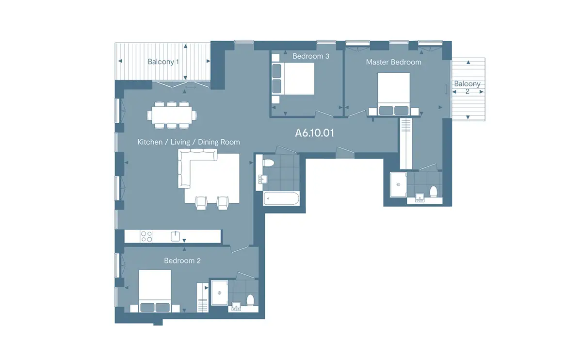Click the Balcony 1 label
(x=163, y=62)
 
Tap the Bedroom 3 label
(x=311, y=56)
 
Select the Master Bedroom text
(x=393, y=62)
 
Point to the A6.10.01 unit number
(x=314, y=133)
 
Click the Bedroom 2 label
(x=182, y=261)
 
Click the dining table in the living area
(x=172, y=115)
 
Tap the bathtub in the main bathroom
(x=281, y=199)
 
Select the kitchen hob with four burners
(x=146, y=236)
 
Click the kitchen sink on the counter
(x=175, y=236)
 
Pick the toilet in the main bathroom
(x=268, y=163)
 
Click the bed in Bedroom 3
(x=293, y=79)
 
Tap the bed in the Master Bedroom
(x=394, y=94)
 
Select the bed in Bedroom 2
(x=155, y=291)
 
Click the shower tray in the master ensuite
(x=398, y=184)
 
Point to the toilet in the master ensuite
(x=434, y=192)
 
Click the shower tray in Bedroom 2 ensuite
(x=220, y=293)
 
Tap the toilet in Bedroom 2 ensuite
(x=250, y=300)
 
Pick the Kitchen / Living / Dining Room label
(x=189, y=142)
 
